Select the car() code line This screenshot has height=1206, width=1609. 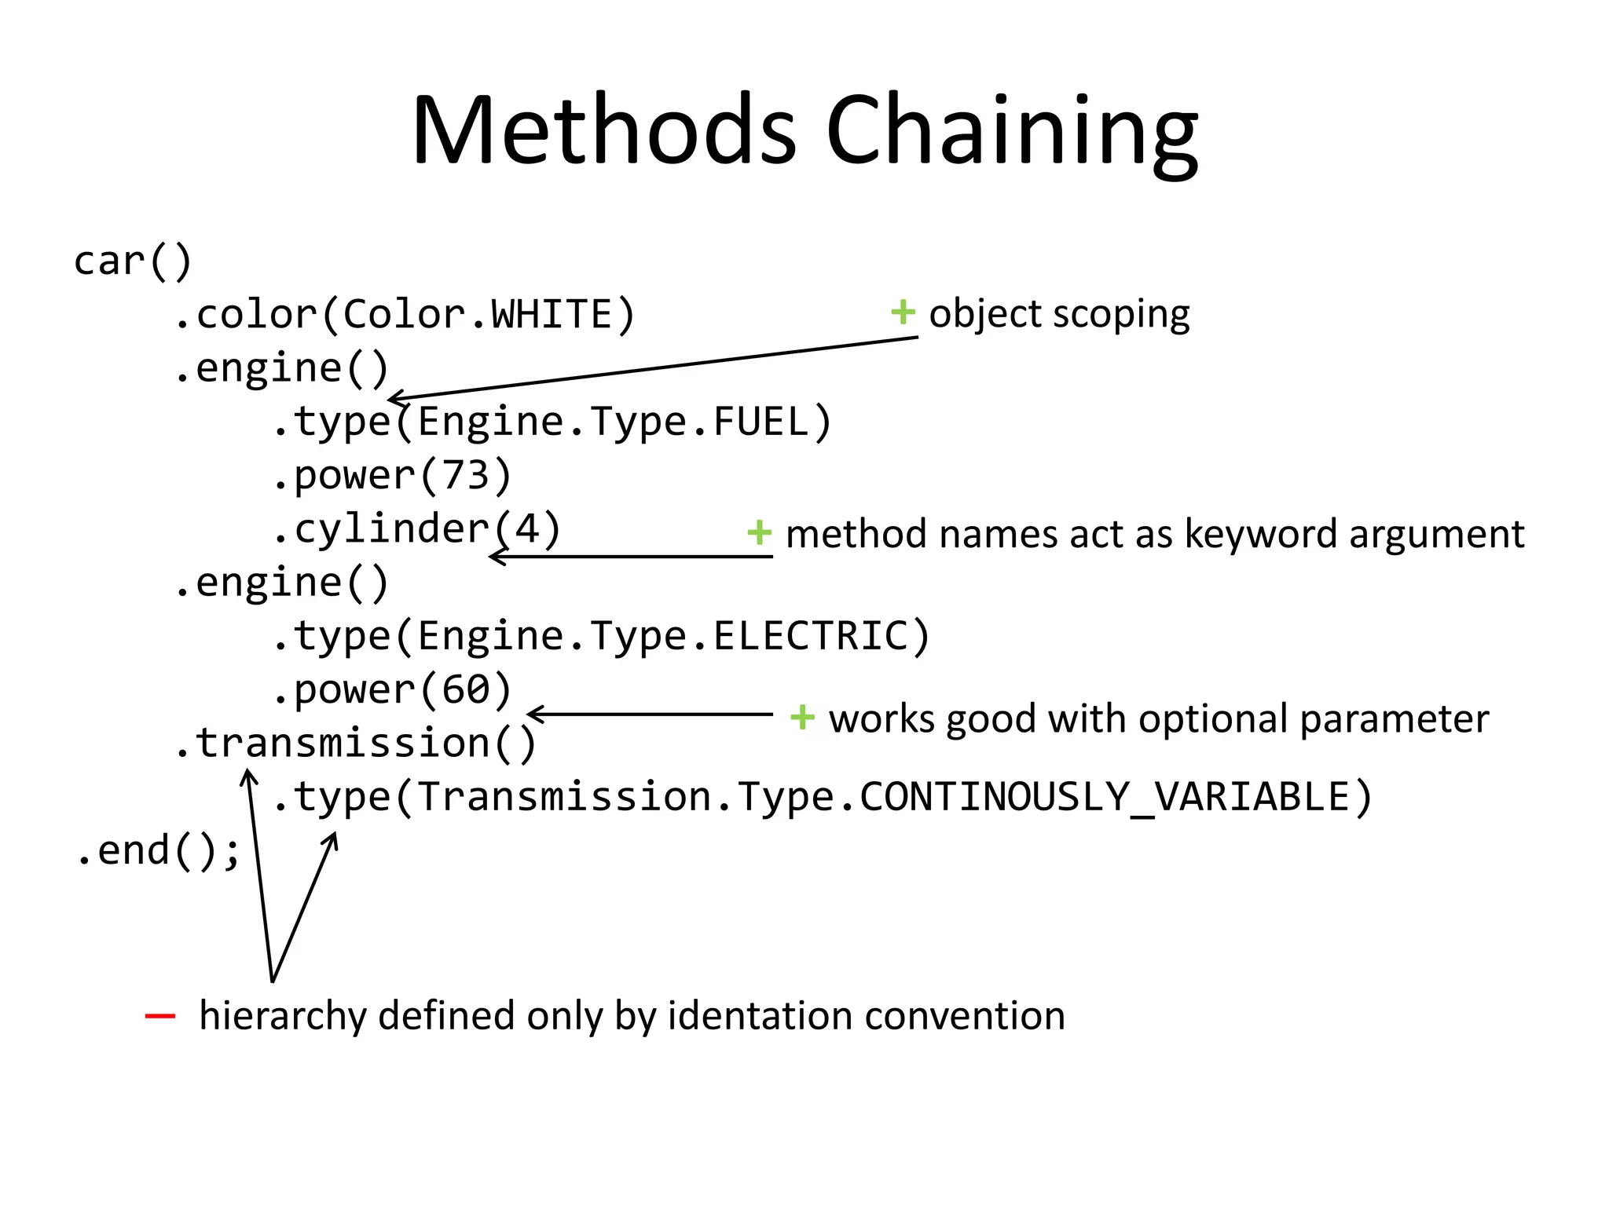(x=132, y=261)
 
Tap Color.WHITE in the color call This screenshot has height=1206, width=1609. (x=478, y=315)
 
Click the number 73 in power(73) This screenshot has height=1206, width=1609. (x=465, y=475)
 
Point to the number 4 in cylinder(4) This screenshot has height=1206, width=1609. (x=527, y=528)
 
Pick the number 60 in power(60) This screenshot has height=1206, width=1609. (x=465, y=689)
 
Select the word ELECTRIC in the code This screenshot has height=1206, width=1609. (x=810, y=635)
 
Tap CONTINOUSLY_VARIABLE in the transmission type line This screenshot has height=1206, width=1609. (x=1104, y=797)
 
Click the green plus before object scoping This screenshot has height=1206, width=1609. (x=903, y=312)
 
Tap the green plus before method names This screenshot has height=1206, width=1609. (x=759, y=532)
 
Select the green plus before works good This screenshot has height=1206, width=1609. (x=802, y=717)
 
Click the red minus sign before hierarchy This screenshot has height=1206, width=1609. (x=160, y=1017)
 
